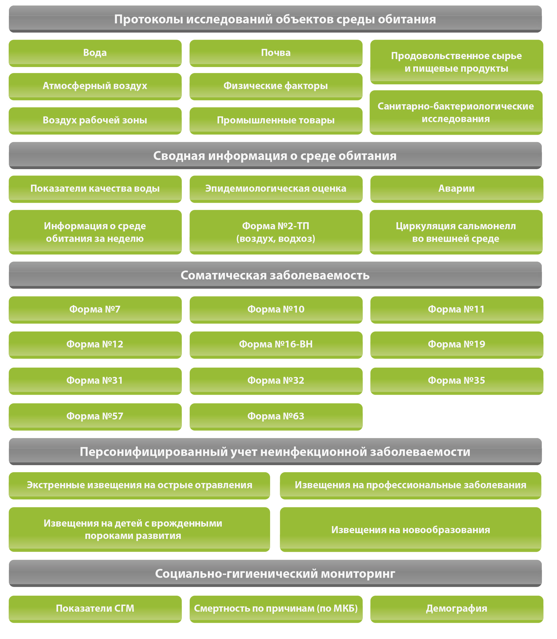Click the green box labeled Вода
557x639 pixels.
coord(95,53)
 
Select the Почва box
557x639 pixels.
coord(276,53)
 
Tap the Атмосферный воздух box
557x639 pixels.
coord(95,86)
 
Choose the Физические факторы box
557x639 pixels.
coord(276,86)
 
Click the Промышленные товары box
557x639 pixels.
coord(276,121)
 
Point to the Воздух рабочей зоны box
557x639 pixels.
coord(95,121)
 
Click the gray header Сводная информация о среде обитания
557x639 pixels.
coord(275,156)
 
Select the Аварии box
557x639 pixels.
coord(457,189)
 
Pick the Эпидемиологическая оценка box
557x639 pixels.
coord(276,189)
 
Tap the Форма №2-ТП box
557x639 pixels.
coord(276,232)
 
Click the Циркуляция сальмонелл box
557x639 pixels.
coord(456,232)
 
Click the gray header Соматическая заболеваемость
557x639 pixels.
coord(275,275)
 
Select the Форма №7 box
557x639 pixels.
coord(95,310)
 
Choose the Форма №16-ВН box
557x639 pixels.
coord(276,345)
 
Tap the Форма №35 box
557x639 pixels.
coord(457,381)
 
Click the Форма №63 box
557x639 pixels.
coord(276,417)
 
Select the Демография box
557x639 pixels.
coord(457,609)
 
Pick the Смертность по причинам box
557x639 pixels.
coord(276,609)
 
